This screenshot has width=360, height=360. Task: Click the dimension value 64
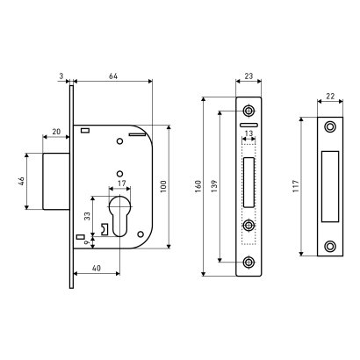(x=113, y=76)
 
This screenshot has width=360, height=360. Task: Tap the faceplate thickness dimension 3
(x=61, y=76)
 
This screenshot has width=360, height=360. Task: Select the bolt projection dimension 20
(x=56, y=132)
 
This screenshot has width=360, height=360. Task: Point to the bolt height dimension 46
(x=21, y=182)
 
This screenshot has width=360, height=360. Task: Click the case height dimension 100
(x=163, y=186)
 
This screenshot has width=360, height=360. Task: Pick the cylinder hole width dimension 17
(x=121, y=184)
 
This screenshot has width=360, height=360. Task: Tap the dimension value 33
(x=87, y=216)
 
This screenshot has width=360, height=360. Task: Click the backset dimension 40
(x=97, y=268)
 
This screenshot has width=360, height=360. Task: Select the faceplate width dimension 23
(x=248, y=76)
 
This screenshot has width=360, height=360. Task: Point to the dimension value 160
(x=198, y=186)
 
